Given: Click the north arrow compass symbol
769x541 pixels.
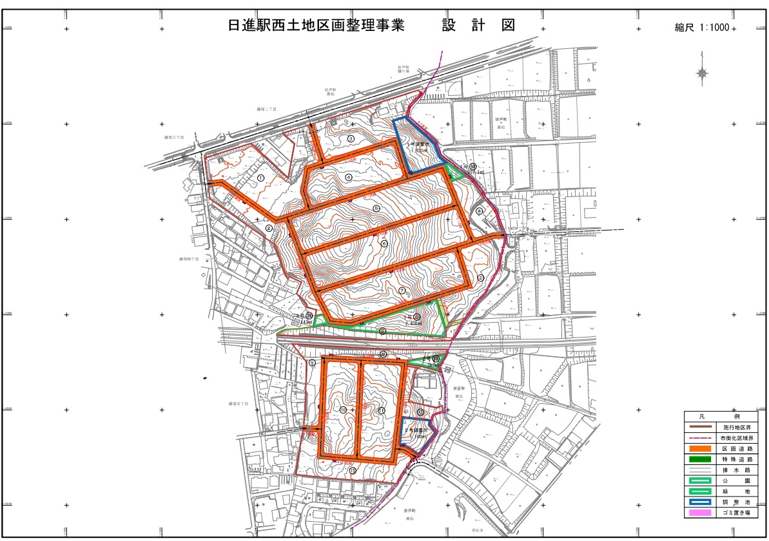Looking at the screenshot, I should click(701, 73).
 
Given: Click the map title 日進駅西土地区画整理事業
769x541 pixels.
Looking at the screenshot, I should click(316, 26).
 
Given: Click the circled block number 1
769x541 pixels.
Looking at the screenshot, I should click(260, 177).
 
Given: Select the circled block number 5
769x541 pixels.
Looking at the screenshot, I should click(376, 208).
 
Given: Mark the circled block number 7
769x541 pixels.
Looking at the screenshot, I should click(402, 290).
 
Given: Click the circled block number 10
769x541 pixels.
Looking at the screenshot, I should click(343, 410).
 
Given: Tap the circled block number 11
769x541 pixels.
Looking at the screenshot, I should click(382, 410).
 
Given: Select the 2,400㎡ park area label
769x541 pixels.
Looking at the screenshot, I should click(413, 323).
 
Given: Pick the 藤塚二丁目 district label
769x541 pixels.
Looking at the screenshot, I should click(266, 109).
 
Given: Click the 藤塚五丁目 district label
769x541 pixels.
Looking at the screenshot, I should click(238, 404).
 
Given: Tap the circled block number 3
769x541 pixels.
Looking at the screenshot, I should click(351, 138).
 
